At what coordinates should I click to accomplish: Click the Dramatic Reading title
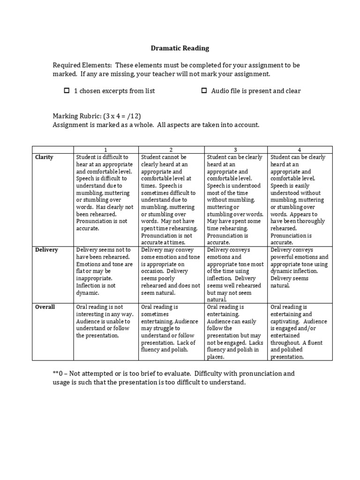click(x=180, y=48)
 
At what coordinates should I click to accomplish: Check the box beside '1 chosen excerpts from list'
click(x=67, y=90)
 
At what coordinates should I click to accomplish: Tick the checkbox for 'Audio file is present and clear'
click(x=204, y=90)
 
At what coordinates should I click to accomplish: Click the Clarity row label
click(x=45, y=157)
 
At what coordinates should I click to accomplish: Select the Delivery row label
click(x=47, y=250)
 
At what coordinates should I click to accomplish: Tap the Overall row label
click(x=45, y=307)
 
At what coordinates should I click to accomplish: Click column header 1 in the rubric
click(x=105, y=150)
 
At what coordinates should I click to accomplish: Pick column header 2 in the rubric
click(x=171, y=150)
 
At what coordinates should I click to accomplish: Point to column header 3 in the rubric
click(x=236, y=150)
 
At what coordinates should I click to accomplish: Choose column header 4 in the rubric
click(x=300, y=150)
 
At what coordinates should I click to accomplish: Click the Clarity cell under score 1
click(x=105, y=193)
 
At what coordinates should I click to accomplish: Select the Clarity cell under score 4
click(x=300, y=200)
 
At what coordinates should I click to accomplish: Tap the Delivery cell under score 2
click(x=171, y=271)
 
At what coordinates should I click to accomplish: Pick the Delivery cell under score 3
click(x=236, y=275)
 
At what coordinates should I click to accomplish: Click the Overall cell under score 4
click(x=300, y=332)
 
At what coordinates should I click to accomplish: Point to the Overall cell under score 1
click(x=105, y=321)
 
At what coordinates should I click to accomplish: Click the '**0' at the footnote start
click(x=59, y=374)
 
